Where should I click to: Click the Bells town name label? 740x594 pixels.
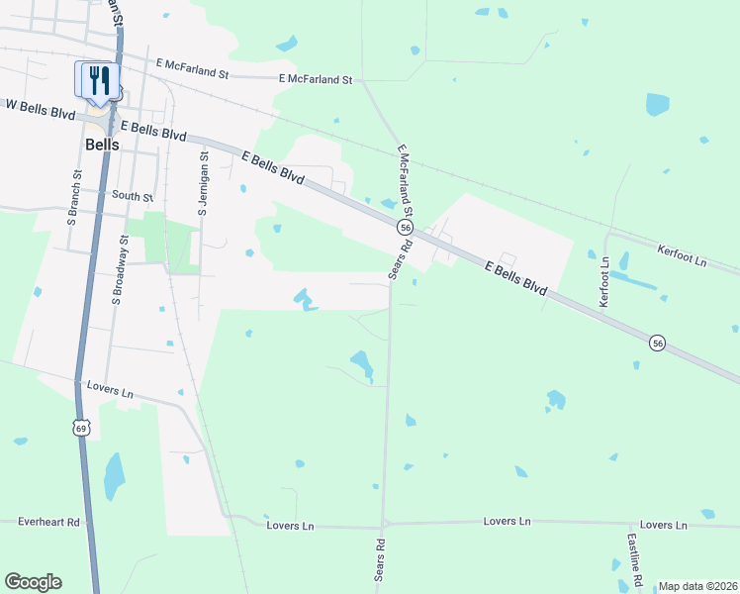coord(102,145)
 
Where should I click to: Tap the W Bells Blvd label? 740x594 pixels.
coord(40,105)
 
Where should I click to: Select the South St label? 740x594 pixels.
coord(134,196)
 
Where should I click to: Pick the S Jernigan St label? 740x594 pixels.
coord(204,182)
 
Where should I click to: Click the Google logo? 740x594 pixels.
coord(33,582)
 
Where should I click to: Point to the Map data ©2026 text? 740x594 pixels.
coord(697,586)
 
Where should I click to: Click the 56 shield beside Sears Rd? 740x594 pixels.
coord(405,228)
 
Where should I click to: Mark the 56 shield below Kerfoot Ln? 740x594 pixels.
coord(656,343)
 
